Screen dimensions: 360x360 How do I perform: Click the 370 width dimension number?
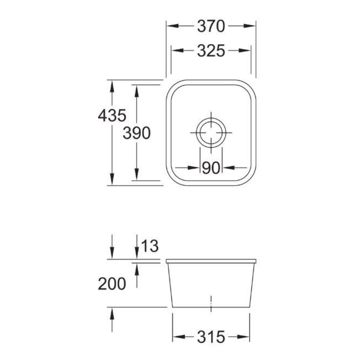[x=211, y=26]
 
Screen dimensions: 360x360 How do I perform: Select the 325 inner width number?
[x=211, y=51]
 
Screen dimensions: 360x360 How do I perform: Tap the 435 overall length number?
[x=112, y=115]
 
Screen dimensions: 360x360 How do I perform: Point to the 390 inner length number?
[x=136, y=133]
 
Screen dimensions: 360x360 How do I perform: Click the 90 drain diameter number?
[x=211, y=168]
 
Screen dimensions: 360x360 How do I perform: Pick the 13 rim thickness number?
[x=150, y=246]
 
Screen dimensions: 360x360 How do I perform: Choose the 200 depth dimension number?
[x=112, y=284]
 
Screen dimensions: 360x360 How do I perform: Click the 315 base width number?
[x=211, y=337]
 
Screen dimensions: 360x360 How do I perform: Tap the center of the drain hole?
[x=211, y=133]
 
